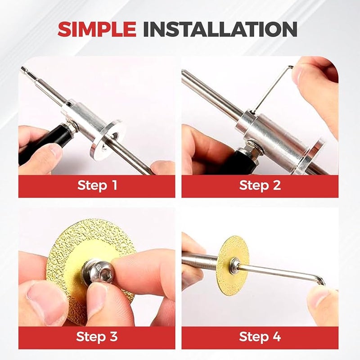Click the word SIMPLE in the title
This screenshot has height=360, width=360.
[x=97, y=29]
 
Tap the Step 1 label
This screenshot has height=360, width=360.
[x=97, y=185]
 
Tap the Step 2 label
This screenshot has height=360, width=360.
[x=260, y=185]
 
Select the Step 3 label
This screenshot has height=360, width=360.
[x=97, y=337]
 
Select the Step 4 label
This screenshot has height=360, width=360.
[x=260, y=337]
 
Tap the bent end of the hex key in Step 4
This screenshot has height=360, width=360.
[x=320, y=281]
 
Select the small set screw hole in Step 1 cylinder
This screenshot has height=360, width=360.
[x=68, y=104]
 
